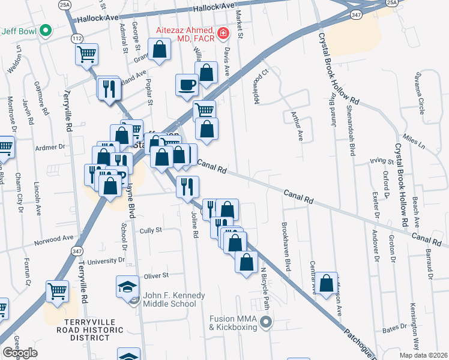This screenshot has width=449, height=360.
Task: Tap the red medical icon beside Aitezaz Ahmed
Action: [223, 33]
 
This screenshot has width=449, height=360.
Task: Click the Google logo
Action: [20, 353]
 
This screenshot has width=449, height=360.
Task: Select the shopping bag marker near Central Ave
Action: [326, 284]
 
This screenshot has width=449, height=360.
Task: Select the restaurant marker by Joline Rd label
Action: [187, 186]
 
